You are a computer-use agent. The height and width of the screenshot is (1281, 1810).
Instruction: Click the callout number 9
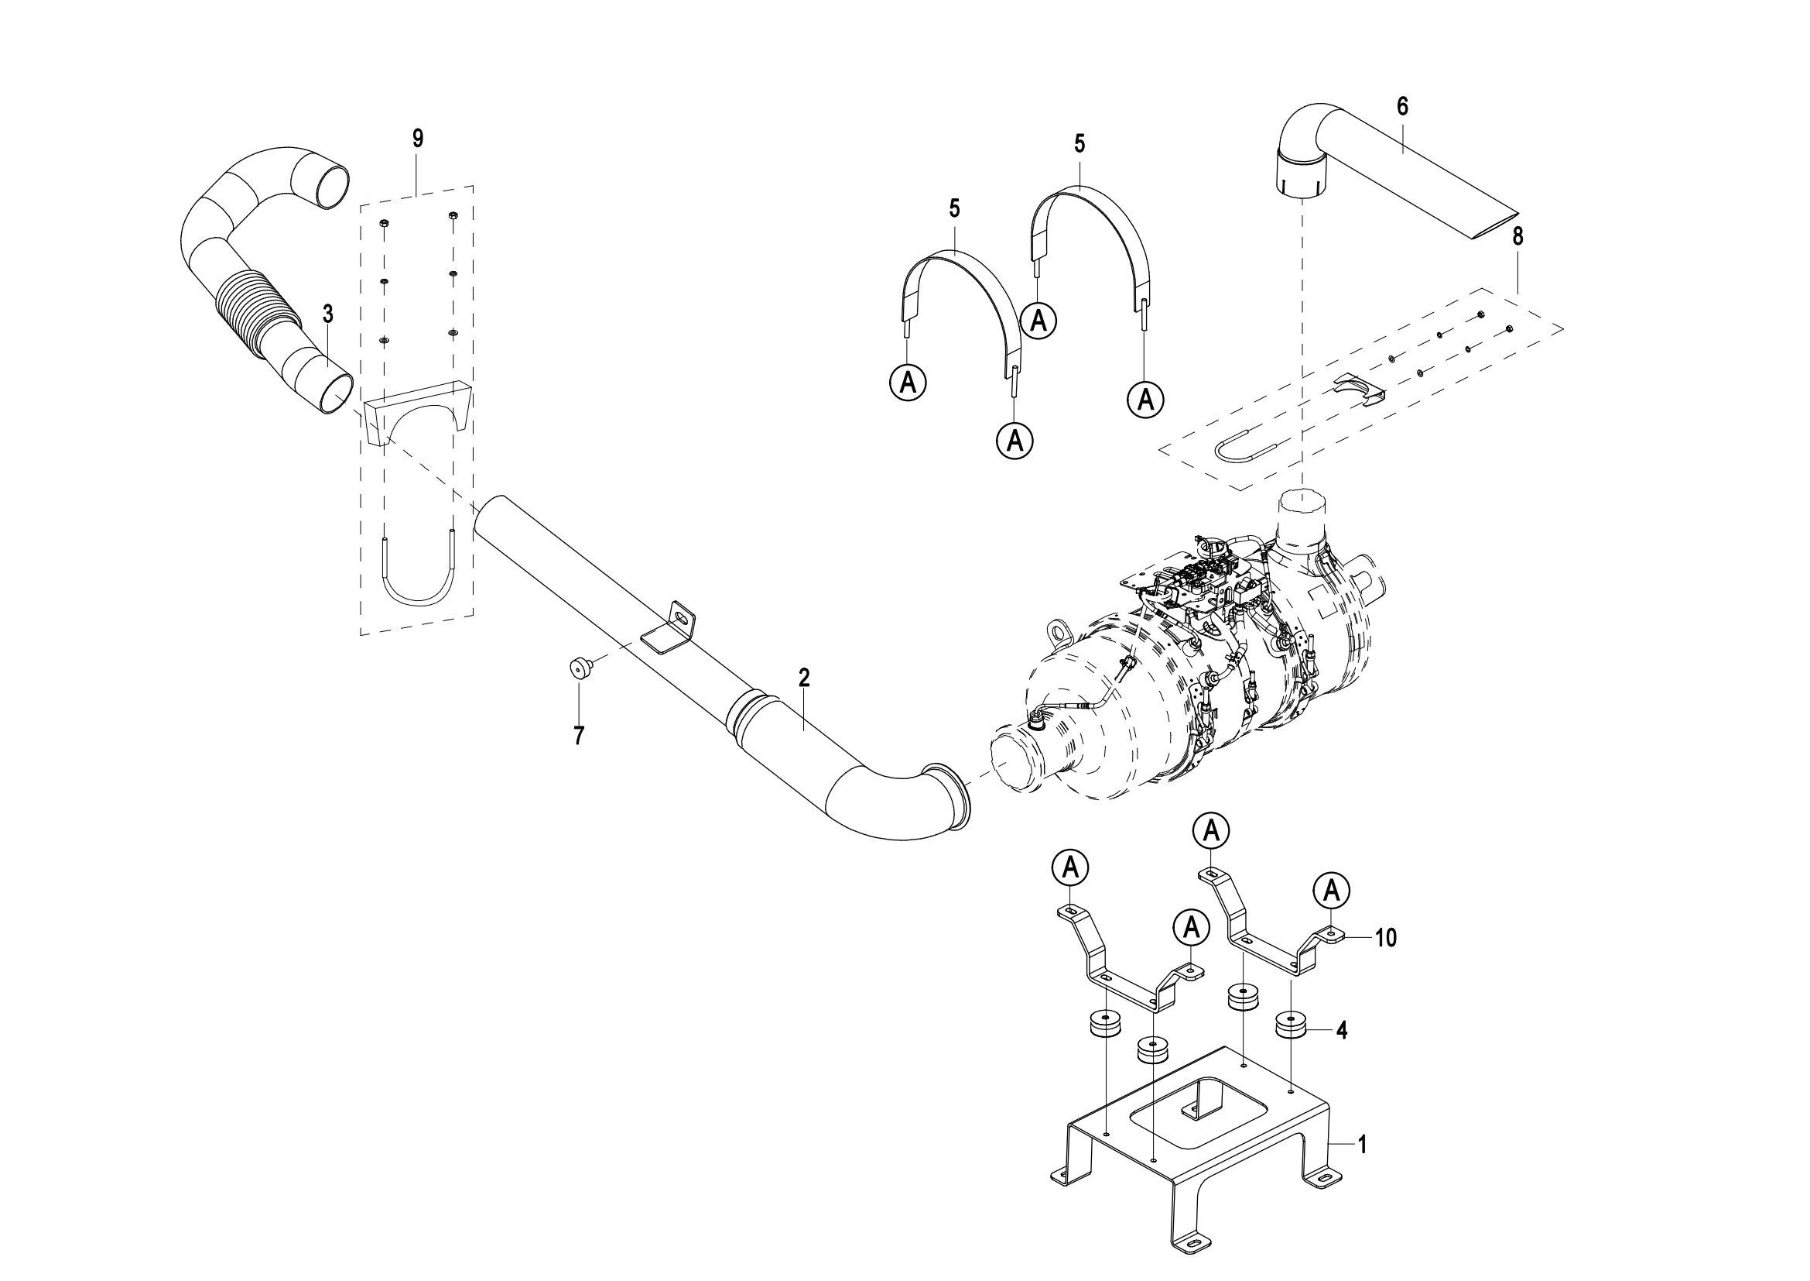417,139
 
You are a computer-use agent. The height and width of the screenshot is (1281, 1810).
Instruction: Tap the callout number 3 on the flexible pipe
328,314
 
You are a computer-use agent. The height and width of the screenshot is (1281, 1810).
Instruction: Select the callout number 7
580,736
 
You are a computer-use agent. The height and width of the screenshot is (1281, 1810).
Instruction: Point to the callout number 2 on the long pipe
804,678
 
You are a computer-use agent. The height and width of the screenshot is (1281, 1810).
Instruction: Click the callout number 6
1402,106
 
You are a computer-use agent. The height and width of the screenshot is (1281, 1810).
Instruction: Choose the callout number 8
1517,236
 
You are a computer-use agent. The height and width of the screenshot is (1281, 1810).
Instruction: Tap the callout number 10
1386,938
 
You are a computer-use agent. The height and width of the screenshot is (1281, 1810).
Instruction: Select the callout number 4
1341,1030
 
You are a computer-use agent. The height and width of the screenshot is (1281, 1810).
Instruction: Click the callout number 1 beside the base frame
1361,1145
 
